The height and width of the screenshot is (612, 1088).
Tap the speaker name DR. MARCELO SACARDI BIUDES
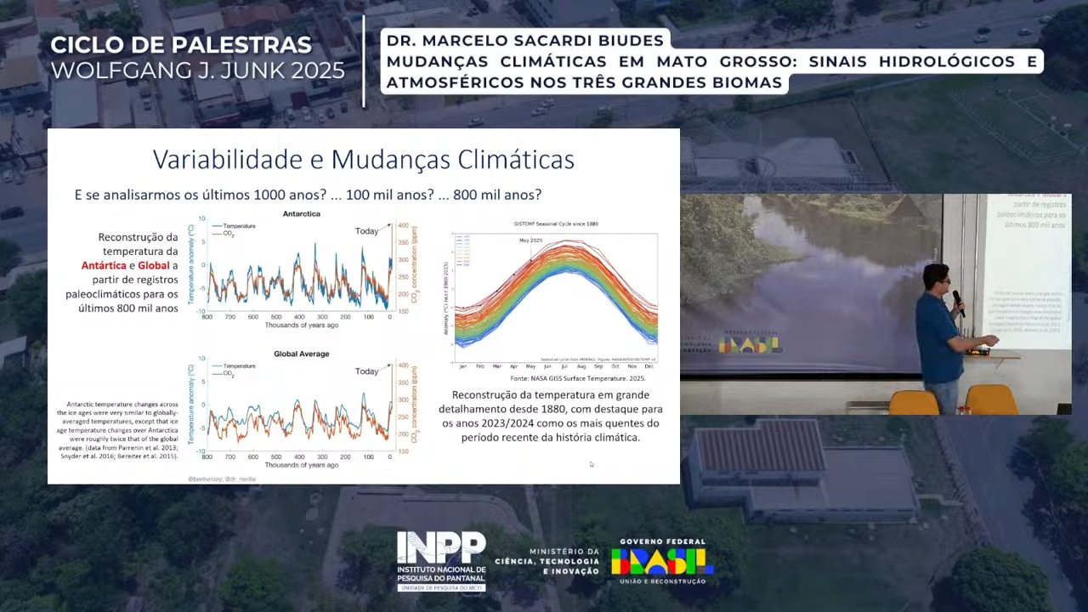[524, 41]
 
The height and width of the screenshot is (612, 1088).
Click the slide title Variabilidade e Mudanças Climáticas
[363, 160]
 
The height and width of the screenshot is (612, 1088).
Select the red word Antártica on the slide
[104, 266]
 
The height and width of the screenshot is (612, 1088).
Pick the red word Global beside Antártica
[154, 266]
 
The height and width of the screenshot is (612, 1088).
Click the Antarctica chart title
[301, 214]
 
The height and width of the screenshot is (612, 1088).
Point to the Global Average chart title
[301, 354]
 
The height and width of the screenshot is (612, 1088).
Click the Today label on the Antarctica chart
[366, 231]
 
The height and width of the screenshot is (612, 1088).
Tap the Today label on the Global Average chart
[366, 371]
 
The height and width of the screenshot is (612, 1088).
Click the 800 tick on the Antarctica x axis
[207, 317]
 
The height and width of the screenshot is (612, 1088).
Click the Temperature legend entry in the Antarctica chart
[239, 226]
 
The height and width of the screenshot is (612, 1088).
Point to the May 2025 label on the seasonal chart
[530, 241]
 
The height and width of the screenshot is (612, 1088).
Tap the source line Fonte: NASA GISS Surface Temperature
[577, 378]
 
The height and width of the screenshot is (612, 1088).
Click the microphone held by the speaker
[956, 298]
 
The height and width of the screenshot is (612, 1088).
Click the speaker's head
[936, 277]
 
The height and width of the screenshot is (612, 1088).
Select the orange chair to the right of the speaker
[991, 399]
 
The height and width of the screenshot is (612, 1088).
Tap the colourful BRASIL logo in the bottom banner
[662, 561]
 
